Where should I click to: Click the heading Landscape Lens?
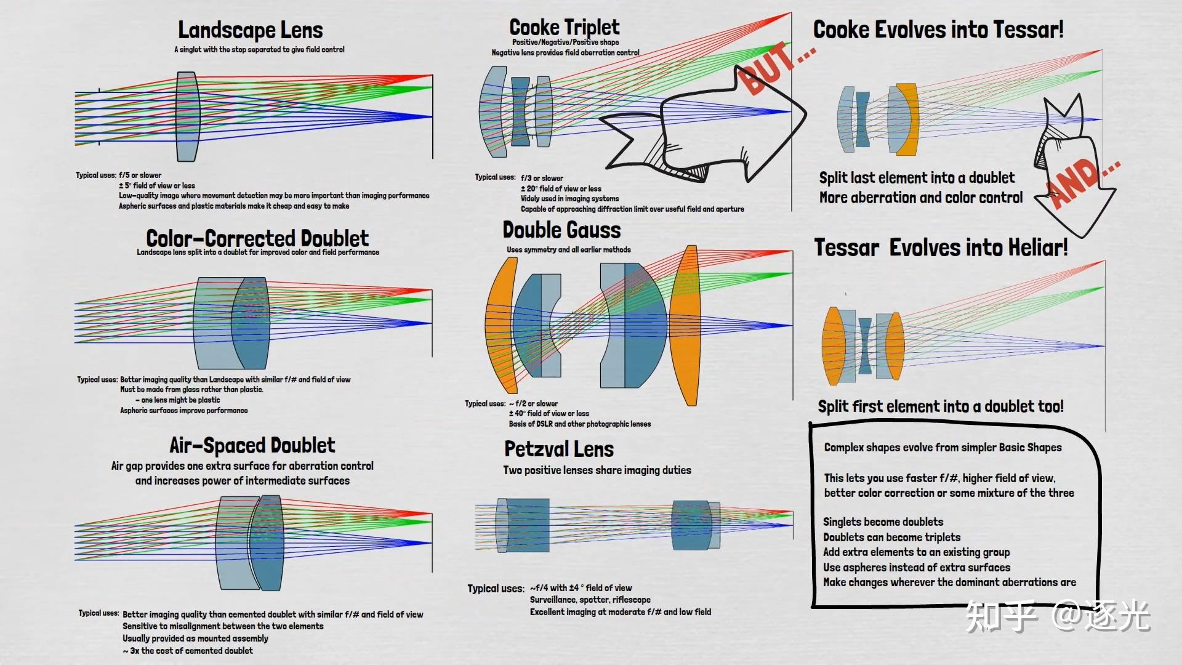(x=250, y=30)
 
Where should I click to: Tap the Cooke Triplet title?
(x=565, y=27)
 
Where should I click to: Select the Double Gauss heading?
(x=561, y=230)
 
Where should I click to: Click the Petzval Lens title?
(x=559, y=449)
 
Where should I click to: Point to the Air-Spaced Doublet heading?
(x=252, y=445)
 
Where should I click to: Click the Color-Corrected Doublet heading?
(x=257, y=238)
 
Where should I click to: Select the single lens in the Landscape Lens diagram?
(x=187, y=116)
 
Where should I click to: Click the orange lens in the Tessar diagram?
(x=909, y=119)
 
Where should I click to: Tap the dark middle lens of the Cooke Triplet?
(x=520, y=111)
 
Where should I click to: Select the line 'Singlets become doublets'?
(x=883, y=522)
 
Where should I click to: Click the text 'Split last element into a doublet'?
(x=917, y=178)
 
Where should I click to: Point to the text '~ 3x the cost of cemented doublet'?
(x=188, y=650)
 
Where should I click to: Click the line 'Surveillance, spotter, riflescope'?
(x=590, y=600)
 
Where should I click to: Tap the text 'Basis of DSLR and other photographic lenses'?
(x=579, y=424)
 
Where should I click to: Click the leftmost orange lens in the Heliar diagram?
(x=834, y=345)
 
